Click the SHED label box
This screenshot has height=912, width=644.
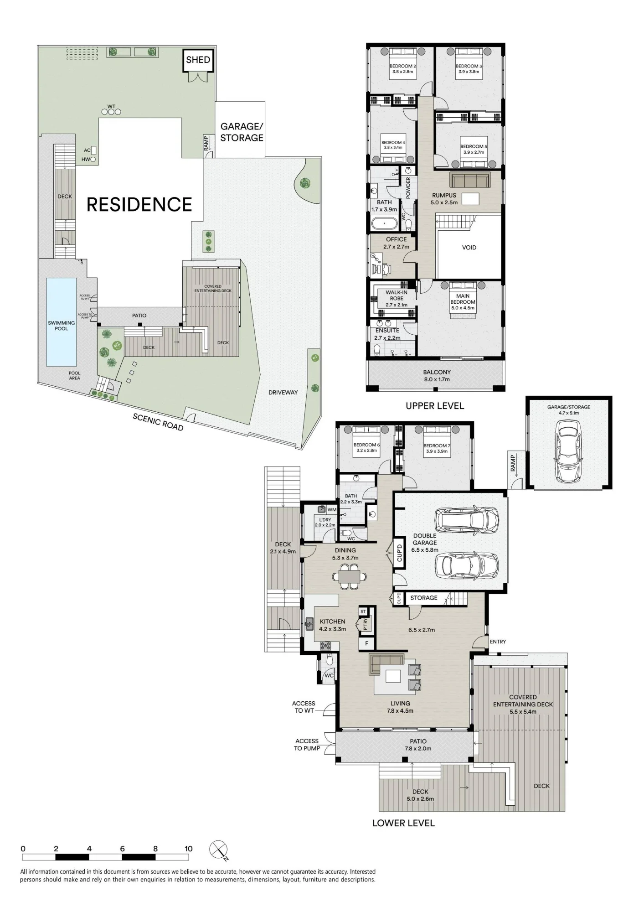click(198, 60)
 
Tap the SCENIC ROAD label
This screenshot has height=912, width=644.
click(158, 422)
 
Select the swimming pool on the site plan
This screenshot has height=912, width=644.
click(61, 322)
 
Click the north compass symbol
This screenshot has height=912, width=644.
click(218, 850)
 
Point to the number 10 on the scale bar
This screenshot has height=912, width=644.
click(189, 849)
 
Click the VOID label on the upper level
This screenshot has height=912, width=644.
click(469, 248)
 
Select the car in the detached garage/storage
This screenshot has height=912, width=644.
click(568, 451)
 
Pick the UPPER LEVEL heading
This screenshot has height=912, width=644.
click(435, 406)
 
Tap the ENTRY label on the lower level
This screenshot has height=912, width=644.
click(498, 642)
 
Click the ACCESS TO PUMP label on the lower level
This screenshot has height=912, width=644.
click(307, 745)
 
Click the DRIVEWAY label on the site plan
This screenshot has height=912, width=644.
click(283, 392)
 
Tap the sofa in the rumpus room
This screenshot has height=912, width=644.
click(470, 180)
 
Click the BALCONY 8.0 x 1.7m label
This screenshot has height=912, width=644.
click(437, 376)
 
